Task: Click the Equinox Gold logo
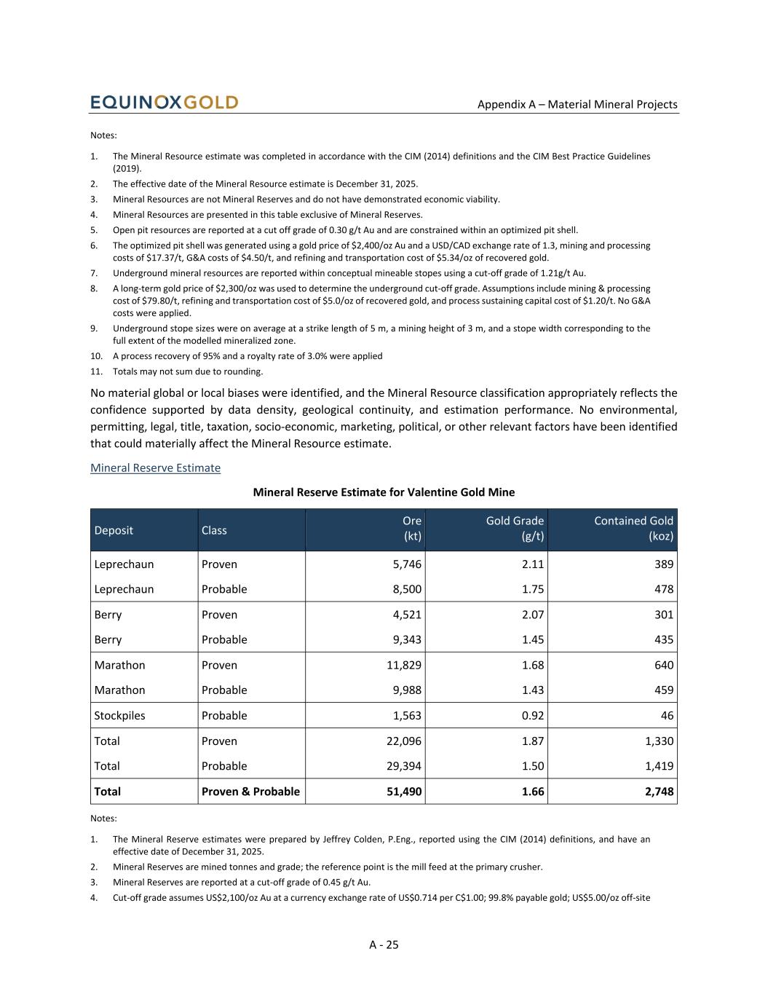click(x=164, y=103)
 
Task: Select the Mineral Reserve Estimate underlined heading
click(x=155, y=468)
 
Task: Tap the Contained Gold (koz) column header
click(x=633, y=529)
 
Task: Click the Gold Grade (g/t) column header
click(x=515, y=529)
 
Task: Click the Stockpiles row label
click(x=119, y=715)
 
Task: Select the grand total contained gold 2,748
click(x=659, y=792)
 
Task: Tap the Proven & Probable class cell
click(x=250, y=792)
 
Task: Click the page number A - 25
click(x=384, y=944)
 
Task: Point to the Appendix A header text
click(x=577, y=104)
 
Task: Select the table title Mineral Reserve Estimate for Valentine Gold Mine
click(x=384, y=492)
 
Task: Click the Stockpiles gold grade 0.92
click(x=533, y=715)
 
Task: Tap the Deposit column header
click(x=114, y=530)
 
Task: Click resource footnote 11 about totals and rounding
click(x=188, y=371)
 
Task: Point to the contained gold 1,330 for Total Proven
click(x=659, y=741)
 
